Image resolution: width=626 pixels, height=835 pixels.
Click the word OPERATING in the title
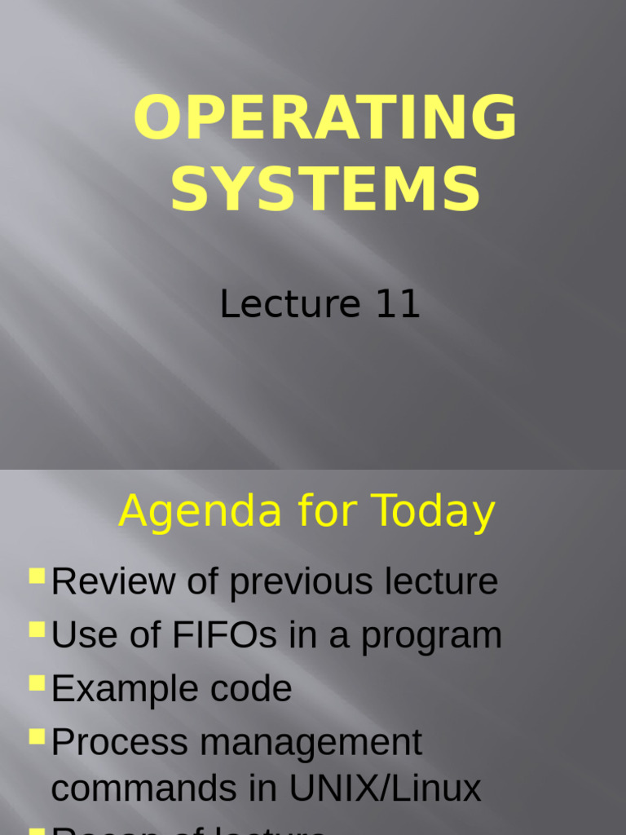(x=325, y=118)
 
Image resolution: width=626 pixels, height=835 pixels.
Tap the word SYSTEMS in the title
(x=325, y=190)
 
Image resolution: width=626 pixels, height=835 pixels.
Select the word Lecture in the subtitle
(x=290, y=304)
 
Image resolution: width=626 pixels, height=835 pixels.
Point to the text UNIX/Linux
(x=386, y=789)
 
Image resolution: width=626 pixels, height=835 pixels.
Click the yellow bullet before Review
(x=37, y=577)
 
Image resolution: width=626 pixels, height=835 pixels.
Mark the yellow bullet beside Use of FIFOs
(x=37, y=630)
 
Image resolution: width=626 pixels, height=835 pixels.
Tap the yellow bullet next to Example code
(x=37, y=683)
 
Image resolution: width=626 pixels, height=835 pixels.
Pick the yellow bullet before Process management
(x=37, y=736)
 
